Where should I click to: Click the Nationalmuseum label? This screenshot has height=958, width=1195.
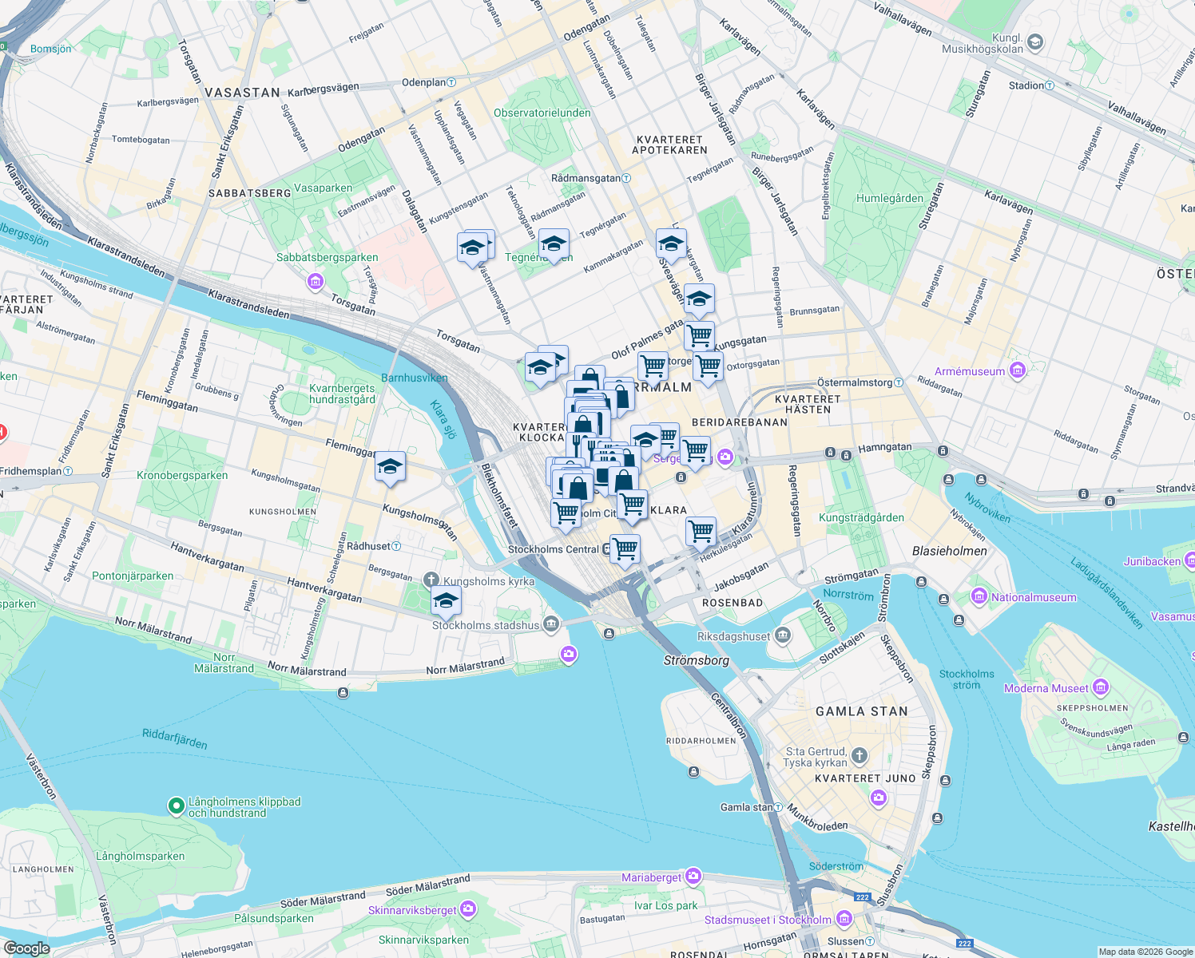pos(1034,597)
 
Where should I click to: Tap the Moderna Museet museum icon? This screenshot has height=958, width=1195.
pos(1101,687)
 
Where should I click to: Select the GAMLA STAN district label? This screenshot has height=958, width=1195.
pos(861,711)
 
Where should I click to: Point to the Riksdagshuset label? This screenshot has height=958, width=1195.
pos(733,636)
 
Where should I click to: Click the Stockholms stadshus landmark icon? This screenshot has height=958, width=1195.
pos(551,624)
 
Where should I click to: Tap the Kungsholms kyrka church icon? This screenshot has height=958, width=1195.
pos(431,580)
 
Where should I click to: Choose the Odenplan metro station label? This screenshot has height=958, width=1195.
pos(423,82)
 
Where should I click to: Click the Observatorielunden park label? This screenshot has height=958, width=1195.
pos(542,113)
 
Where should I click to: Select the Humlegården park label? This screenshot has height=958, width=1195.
pos(889,198)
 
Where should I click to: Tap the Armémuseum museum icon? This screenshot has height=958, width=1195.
pos(1017,370)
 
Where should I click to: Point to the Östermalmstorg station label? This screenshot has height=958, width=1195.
pos(854,382)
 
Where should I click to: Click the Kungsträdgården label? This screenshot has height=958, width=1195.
pos(861,517)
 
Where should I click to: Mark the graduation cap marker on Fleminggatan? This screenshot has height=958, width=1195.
pos(390,467)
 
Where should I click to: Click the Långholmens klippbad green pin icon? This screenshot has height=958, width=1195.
pos(176,806)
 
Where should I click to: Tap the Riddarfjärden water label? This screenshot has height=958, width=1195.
pos(174,738)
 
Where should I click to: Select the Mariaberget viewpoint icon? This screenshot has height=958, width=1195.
pos(693,877)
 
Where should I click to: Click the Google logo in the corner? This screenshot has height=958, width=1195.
pos(26,948)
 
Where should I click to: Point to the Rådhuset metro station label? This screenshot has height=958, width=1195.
pos(369,546)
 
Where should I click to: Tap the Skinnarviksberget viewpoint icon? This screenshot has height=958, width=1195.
pos(468,909)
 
